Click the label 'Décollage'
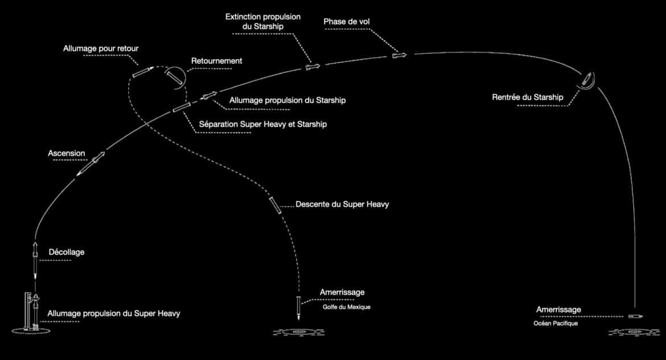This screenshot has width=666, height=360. pyautogui.click(x=66, y=252)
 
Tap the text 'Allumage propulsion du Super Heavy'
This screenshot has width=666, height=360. pyautogui.click(x=114, y=313)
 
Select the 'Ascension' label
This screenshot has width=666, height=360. pyautogui.click(x=66, y=153)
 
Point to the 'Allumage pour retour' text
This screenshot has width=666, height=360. pyautogui.click(x=101, y=48)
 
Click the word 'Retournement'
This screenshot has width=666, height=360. pyautogui.click(x=217, y=61)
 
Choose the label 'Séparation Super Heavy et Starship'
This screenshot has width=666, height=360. pyautogui.click(x=263, y=124)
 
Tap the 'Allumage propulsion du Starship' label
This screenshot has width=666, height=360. pyautogui.click(x=287, y=100)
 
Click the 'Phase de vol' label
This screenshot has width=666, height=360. pyautogui.click(x=347, y=21)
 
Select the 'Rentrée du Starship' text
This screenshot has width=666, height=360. pyautogui.click(x=528, y=97)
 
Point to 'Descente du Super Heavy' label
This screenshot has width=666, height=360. pyautogui.click(x=342, y=204)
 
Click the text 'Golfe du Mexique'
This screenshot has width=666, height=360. pyautogui.click(x=347, y=307)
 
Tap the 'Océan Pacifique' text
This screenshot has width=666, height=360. pyautogui.click(x=556, y=324)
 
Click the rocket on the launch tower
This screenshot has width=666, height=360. pyautogui.click(x=36, y=310)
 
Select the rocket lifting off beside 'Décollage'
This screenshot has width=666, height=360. pyautogui.click(x=35, y=260)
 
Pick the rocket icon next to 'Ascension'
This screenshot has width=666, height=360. pyautogui.click(x=91, y=163)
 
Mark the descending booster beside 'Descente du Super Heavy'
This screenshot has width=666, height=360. pyautogui.click(x=276, y=205)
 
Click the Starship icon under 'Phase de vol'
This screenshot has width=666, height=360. pyautogui.click(x=399, y=55)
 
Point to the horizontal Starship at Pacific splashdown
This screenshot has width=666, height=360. pyautogui.click(x=635, y=316)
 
